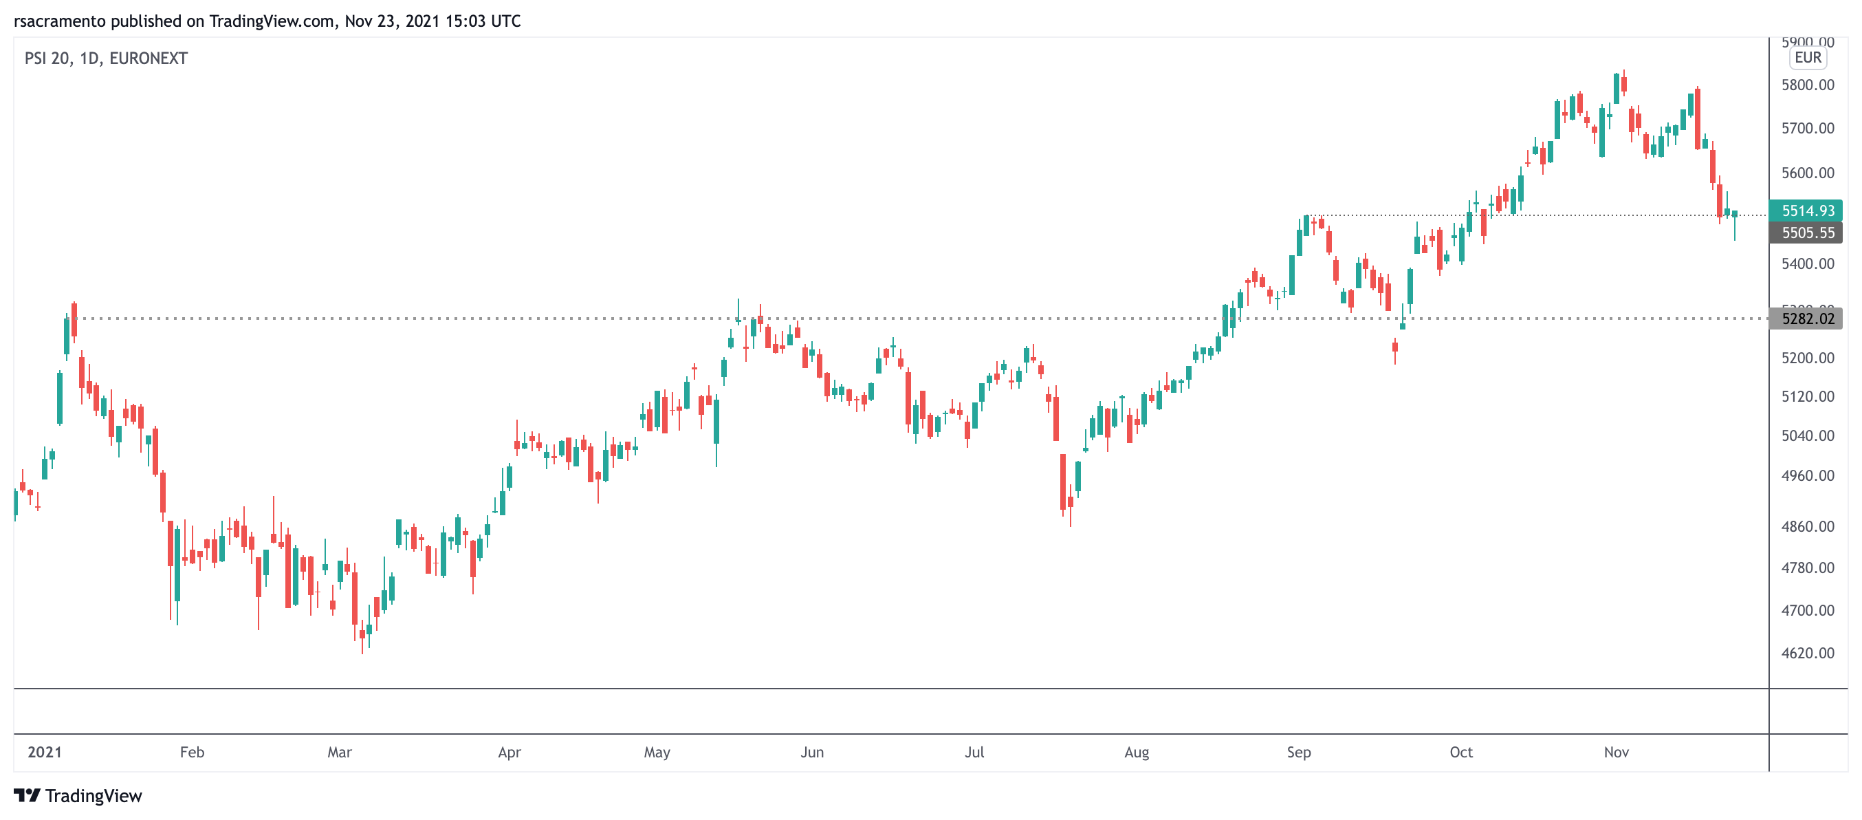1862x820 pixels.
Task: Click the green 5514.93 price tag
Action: point(1807,211)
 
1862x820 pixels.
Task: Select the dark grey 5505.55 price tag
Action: point(1807,233)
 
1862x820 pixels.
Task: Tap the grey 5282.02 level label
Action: point(1807,319)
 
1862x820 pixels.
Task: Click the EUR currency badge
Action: point(1807,58)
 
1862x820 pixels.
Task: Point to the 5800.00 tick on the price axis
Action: point(1807,85)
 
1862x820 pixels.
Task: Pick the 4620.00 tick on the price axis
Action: point(1807,653)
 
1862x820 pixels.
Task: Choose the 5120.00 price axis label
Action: point(1807,396)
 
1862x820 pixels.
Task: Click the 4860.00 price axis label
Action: point(1807,526)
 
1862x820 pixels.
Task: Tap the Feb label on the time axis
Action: point(192,752)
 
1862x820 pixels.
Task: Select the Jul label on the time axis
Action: point(974,752)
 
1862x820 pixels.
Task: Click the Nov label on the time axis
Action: point(1616,752)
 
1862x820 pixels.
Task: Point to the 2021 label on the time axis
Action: point(44,752)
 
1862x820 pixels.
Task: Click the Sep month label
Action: point(1298,752)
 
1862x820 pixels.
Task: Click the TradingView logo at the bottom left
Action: point(78,795)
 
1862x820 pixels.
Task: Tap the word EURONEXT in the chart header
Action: point(149,58)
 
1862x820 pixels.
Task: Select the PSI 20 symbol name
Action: point(47,58)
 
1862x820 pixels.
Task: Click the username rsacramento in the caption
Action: point(59,21)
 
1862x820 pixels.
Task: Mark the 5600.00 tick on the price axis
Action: point(1807,173)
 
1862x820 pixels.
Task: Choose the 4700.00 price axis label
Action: point(1807,610)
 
